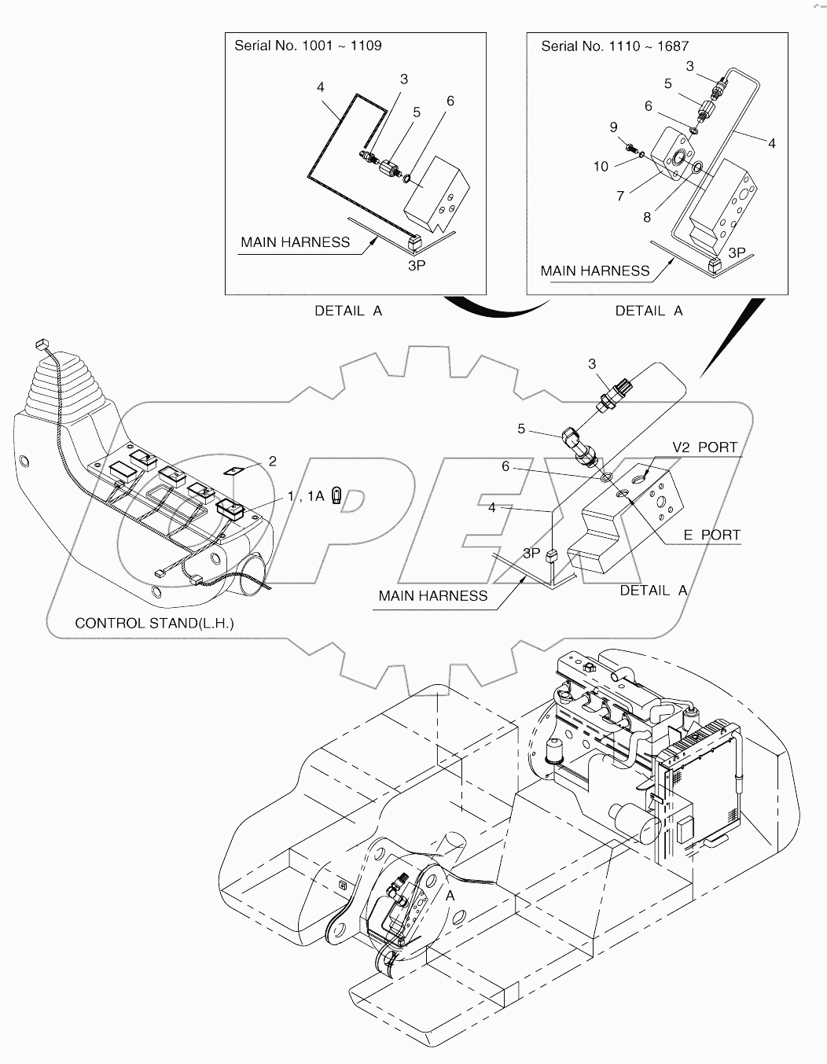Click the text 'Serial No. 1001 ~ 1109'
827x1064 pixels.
308,46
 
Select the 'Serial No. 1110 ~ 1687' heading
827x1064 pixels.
615,46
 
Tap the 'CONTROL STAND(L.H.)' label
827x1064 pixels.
154,623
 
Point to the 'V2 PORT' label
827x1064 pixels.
705,447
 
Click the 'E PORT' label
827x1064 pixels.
711,535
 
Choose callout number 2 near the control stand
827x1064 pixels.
273,462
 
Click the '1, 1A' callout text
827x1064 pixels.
306,496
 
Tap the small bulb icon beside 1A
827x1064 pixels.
337,496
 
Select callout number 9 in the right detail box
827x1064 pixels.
614,127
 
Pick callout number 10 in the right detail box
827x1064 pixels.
601,166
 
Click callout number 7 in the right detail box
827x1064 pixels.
620,195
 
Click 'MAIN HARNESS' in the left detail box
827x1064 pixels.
295,242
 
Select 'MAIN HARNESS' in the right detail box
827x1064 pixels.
595,271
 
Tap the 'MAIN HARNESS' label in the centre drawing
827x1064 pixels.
432,596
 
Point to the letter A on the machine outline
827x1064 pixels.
450,896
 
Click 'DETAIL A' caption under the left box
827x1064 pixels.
348,311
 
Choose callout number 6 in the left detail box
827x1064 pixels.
450,101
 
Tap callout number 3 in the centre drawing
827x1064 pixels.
592,364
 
